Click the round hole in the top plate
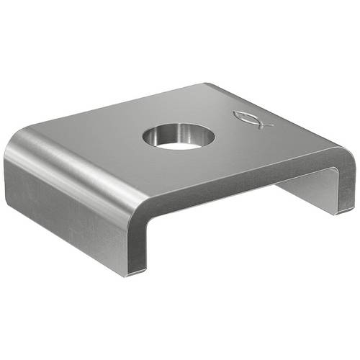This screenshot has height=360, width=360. click(x=179, y=135)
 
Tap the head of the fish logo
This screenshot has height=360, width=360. click(x=240, y=116)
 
